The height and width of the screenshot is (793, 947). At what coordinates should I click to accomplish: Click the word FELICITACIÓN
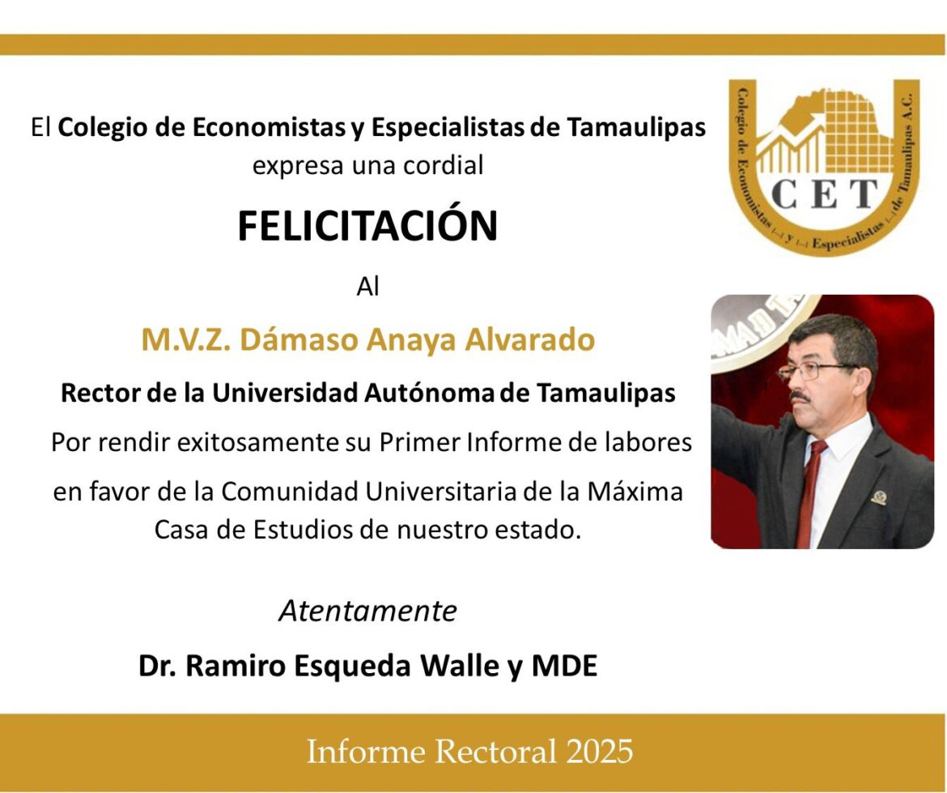pyautogui.click(x=367, y=227)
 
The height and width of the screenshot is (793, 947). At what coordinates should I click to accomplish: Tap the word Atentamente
pyautogui.click(x=367, y=611)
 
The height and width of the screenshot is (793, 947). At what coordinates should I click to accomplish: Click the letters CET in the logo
pyautogui.click(x=824, y=194)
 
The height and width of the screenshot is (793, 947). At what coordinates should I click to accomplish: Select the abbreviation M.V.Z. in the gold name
pyautogui.click(x=185, y=340)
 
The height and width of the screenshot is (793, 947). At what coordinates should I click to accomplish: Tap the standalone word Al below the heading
pyautogui.click(x=367, y=287)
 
